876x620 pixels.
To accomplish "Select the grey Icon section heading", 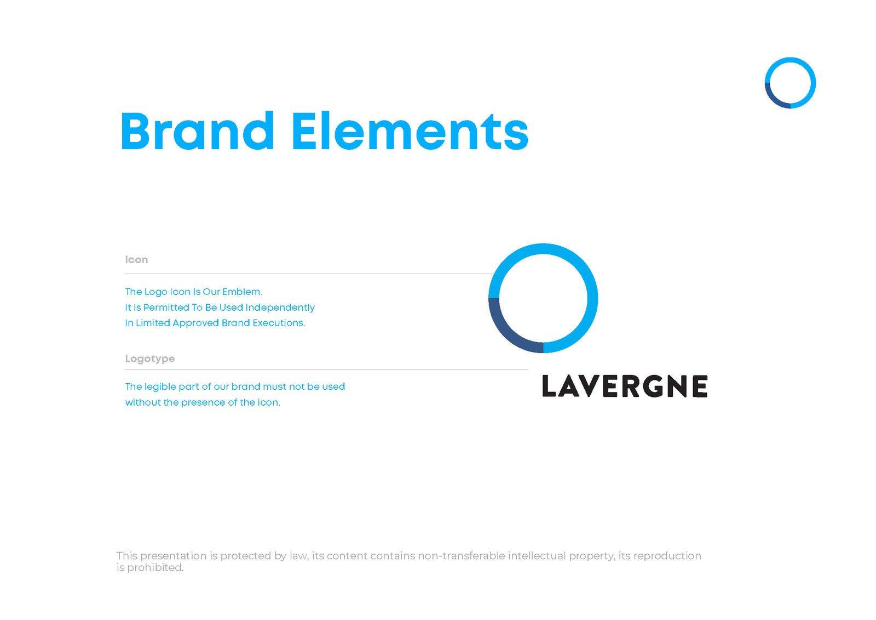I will coord(136,260).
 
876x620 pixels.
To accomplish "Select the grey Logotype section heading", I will coord(149,359).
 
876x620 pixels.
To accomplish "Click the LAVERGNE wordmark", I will coord(624,386).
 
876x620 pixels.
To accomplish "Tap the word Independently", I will coord(280,308).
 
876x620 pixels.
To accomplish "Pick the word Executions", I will coord(279,323).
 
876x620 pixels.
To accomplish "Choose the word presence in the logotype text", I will coord(203,402).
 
